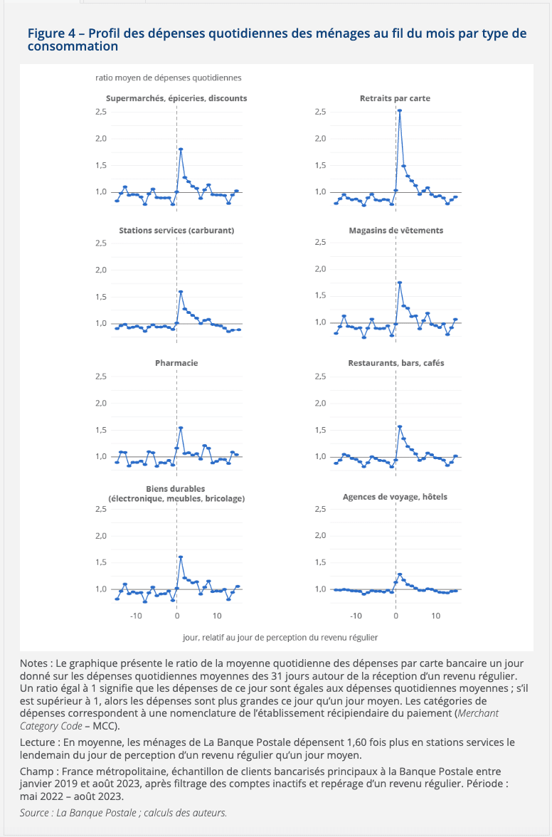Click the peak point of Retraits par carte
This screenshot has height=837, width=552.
[x=400, y=110]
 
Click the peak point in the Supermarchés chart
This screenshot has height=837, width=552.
[x=181, y=149]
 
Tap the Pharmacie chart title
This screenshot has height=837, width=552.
[x=176, y=363]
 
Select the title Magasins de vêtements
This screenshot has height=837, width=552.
[x=396, y=231]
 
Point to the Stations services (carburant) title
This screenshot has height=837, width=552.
[x=176, y=231]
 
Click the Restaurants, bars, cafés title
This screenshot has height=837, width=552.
[x=396, y=363]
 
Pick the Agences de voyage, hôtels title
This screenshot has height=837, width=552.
[x=396, y=497]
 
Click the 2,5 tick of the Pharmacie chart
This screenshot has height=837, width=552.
[x=101, y=377]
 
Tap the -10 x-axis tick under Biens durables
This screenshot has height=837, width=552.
[x=136, y=616]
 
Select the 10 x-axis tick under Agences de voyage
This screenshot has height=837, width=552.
[x=436, y=616]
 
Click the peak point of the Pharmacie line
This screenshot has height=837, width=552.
[x=181, y=428]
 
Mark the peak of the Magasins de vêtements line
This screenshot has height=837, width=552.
[x=400, y=283]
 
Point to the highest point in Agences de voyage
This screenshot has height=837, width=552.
[x=400, y=574]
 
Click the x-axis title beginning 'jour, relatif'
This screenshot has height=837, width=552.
[x=280, y=638]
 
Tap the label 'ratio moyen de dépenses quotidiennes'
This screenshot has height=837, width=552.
[x=169, y=78]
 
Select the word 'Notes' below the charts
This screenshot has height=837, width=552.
[x=33, y=663]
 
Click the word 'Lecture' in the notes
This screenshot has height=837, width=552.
[x=37, y=742]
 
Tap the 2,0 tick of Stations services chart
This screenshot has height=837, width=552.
[x=101, y=270]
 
